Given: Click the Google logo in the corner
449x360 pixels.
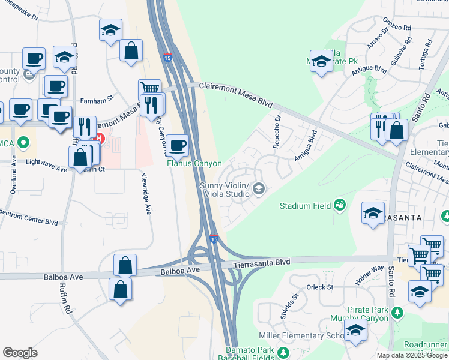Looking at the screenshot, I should click(x=20, y=353).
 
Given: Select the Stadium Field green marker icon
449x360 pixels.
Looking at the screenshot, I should click(x=340, y=206).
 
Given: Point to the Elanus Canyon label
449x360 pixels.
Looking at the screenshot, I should click(x=194, y=163).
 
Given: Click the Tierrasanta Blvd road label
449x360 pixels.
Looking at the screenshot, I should click(x=264, y=263).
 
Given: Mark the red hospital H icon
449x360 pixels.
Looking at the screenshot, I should click(x=100, y=139).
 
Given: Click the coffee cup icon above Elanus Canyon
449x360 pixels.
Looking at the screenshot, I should click(x=178, y=145).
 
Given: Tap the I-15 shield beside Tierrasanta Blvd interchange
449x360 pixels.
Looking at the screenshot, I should click(x=214, y=239).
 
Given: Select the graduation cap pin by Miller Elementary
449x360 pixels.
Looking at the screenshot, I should click(x=355, y=330).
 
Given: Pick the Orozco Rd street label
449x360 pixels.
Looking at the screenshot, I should click(x=397, y=28).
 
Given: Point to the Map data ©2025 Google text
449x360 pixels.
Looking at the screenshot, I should click(x=412, y=355).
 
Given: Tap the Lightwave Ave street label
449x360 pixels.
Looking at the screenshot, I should click(x=45, y=170).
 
